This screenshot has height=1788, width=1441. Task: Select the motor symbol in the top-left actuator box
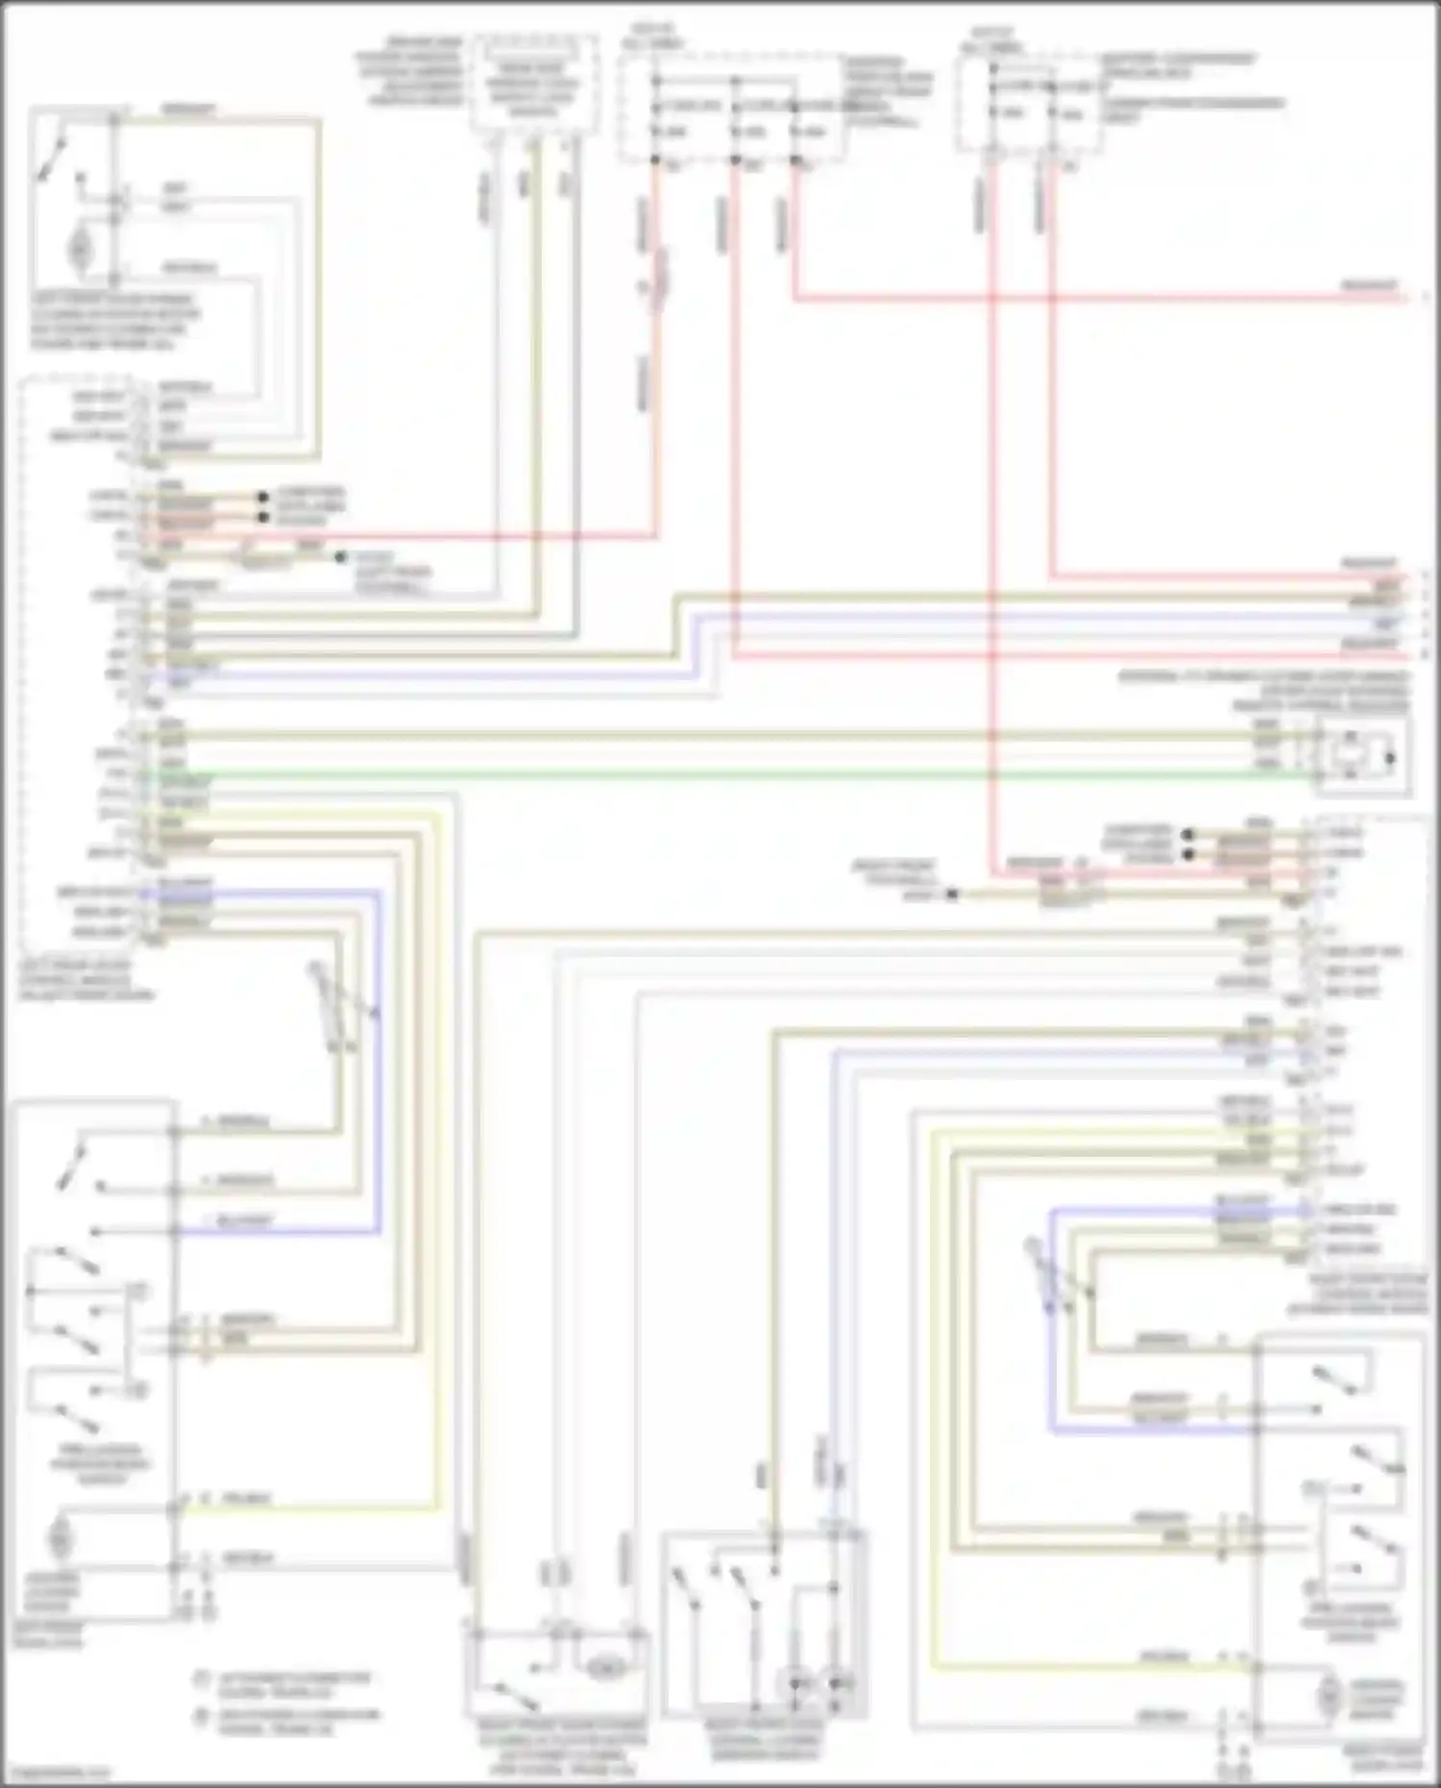[x=78, y=249]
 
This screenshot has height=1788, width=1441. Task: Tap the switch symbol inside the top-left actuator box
[x=53, y=159]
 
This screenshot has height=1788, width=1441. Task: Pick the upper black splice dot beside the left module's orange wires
[x=261, y=498]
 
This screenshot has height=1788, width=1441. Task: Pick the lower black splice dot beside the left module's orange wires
[x=261, y=517]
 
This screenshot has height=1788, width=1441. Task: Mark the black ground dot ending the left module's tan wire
[x=339, y=556]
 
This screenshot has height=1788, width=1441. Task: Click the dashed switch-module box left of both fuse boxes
[x=534, y=83]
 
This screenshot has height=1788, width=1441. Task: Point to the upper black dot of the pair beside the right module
[x=1188, y=834]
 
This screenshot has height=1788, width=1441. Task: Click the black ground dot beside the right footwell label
[x=952, y=894]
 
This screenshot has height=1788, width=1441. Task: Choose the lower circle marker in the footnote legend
[x=202, y=1717]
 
